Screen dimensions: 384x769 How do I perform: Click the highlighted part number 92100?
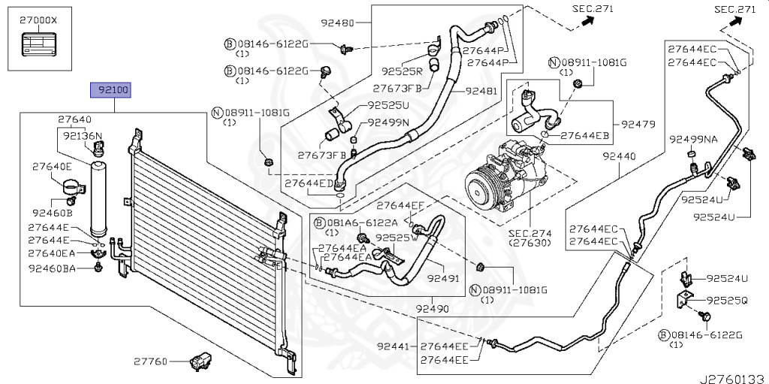pyautogui.click(x=111, y=92)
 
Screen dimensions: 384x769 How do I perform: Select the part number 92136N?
pyautogui.click(x=83, y=137)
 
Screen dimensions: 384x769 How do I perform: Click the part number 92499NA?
pyautogui.click(x=694, y=139)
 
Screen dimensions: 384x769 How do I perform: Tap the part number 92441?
pyautogui.click(x=395, y=346)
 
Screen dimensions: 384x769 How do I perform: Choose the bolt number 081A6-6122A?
pyautogui.click(x=351, y=223)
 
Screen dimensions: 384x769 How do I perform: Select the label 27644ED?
pyautogui.click(x=309, y=183)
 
